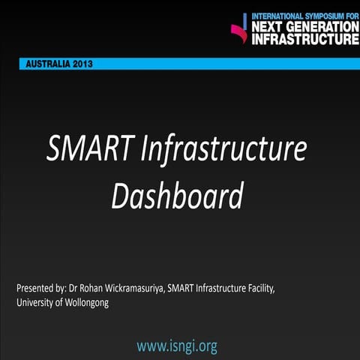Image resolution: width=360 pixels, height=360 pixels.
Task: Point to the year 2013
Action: click(x=82, y=64)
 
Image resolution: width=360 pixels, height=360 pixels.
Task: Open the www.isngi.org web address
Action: click(x=177, y=346)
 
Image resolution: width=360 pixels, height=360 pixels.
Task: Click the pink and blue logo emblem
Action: click(x=239, y=29)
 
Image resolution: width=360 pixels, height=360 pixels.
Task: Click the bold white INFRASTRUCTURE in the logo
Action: click(x=304, y=40)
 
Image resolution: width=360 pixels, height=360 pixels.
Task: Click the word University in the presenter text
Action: click(x=35, y=303)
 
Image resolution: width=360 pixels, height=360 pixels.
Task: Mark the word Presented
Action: click(x=34, y=288)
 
